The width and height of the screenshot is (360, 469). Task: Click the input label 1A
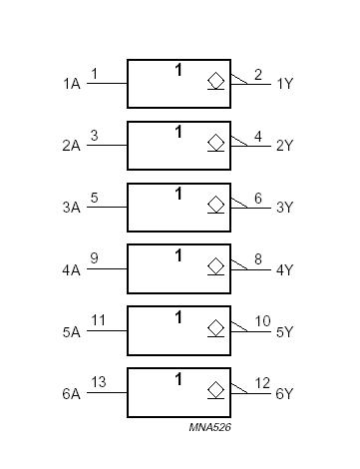71,84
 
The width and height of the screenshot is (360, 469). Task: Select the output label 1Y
284,84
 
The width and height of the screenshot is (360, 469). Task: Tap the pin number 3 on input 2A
94,135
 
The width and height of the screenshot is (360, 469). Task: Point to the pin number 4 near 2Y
258,136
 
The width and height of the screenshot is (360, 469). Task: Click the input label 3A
71,208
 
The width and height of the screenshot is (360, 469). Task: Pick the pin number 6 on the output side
258,198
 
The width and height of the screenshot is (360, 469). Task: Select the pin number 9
94,258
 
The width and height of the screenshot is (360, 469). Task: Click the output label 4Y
284,269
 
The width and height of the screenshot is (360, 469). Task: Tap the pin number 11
96,320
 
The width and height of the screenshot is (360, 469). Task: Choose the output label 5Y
284,331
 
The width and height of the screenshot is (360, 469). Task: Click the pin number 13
96,382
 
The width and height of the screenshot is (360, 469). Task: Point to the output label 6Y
284,393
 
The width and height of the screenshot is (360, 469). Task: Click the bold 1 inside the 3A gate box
179,194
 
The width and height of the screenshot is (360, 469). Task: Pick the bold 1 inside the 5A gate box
179,317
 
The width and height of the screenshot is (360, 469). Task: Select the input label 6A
71,393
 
